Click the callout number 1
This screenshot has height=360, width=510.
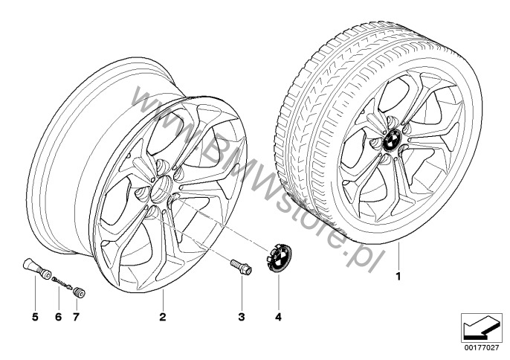click(x=398, y=277)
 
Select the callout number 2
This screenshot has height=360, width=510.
click(x=163, y=316)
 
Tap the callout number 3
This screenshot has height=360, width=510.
click(x=242, y=316)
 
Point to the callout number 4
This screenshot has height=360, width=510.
click(x=278, y=316)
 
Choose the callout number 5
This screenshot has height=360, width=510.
click(x=35, y=316)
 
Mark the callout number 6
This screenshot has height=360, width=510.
click(x=59, y=316)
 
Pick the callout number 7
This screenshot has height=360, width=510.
click(x=76, y=316)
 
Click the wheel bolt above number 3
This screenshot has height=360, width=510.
click(x=241, y=266)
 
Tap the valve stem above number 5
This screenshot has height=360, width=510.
click(x=36, y=269)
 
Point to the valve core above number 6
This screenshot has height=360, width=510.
click(x=62, y=282)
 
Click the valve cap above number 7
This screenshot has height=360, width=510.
click(x=79, y=292)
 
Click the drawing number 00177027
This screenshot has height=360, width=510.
click(x=482, y=347)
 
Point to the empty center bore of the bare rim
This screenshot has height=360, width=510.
click(x=162, y=189)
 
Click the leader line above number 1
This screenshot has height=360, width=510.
click(x=398, y=257)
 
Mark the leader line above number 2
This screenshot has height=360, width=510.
click(x=163, y=299)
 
